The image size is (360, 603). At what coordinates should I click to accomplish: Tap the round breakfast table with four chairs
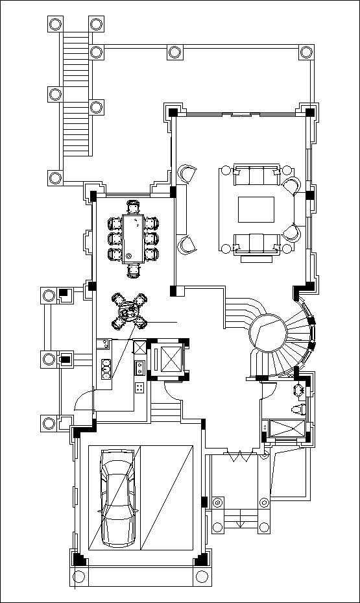[129, 312]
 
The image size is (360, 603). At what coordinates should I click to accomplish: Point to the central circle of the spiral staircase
[268, 334]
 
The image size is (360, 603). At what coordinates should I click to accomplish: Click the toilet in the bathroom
[298, 409]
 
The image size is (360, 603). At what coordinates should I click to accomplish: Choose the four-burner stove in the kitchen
[139, 388]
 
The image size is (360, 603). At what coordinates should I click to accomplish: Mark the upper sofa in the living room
[258, 175]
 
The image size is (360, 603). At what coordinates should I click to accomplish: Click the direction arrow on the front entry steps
[240, 519]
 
